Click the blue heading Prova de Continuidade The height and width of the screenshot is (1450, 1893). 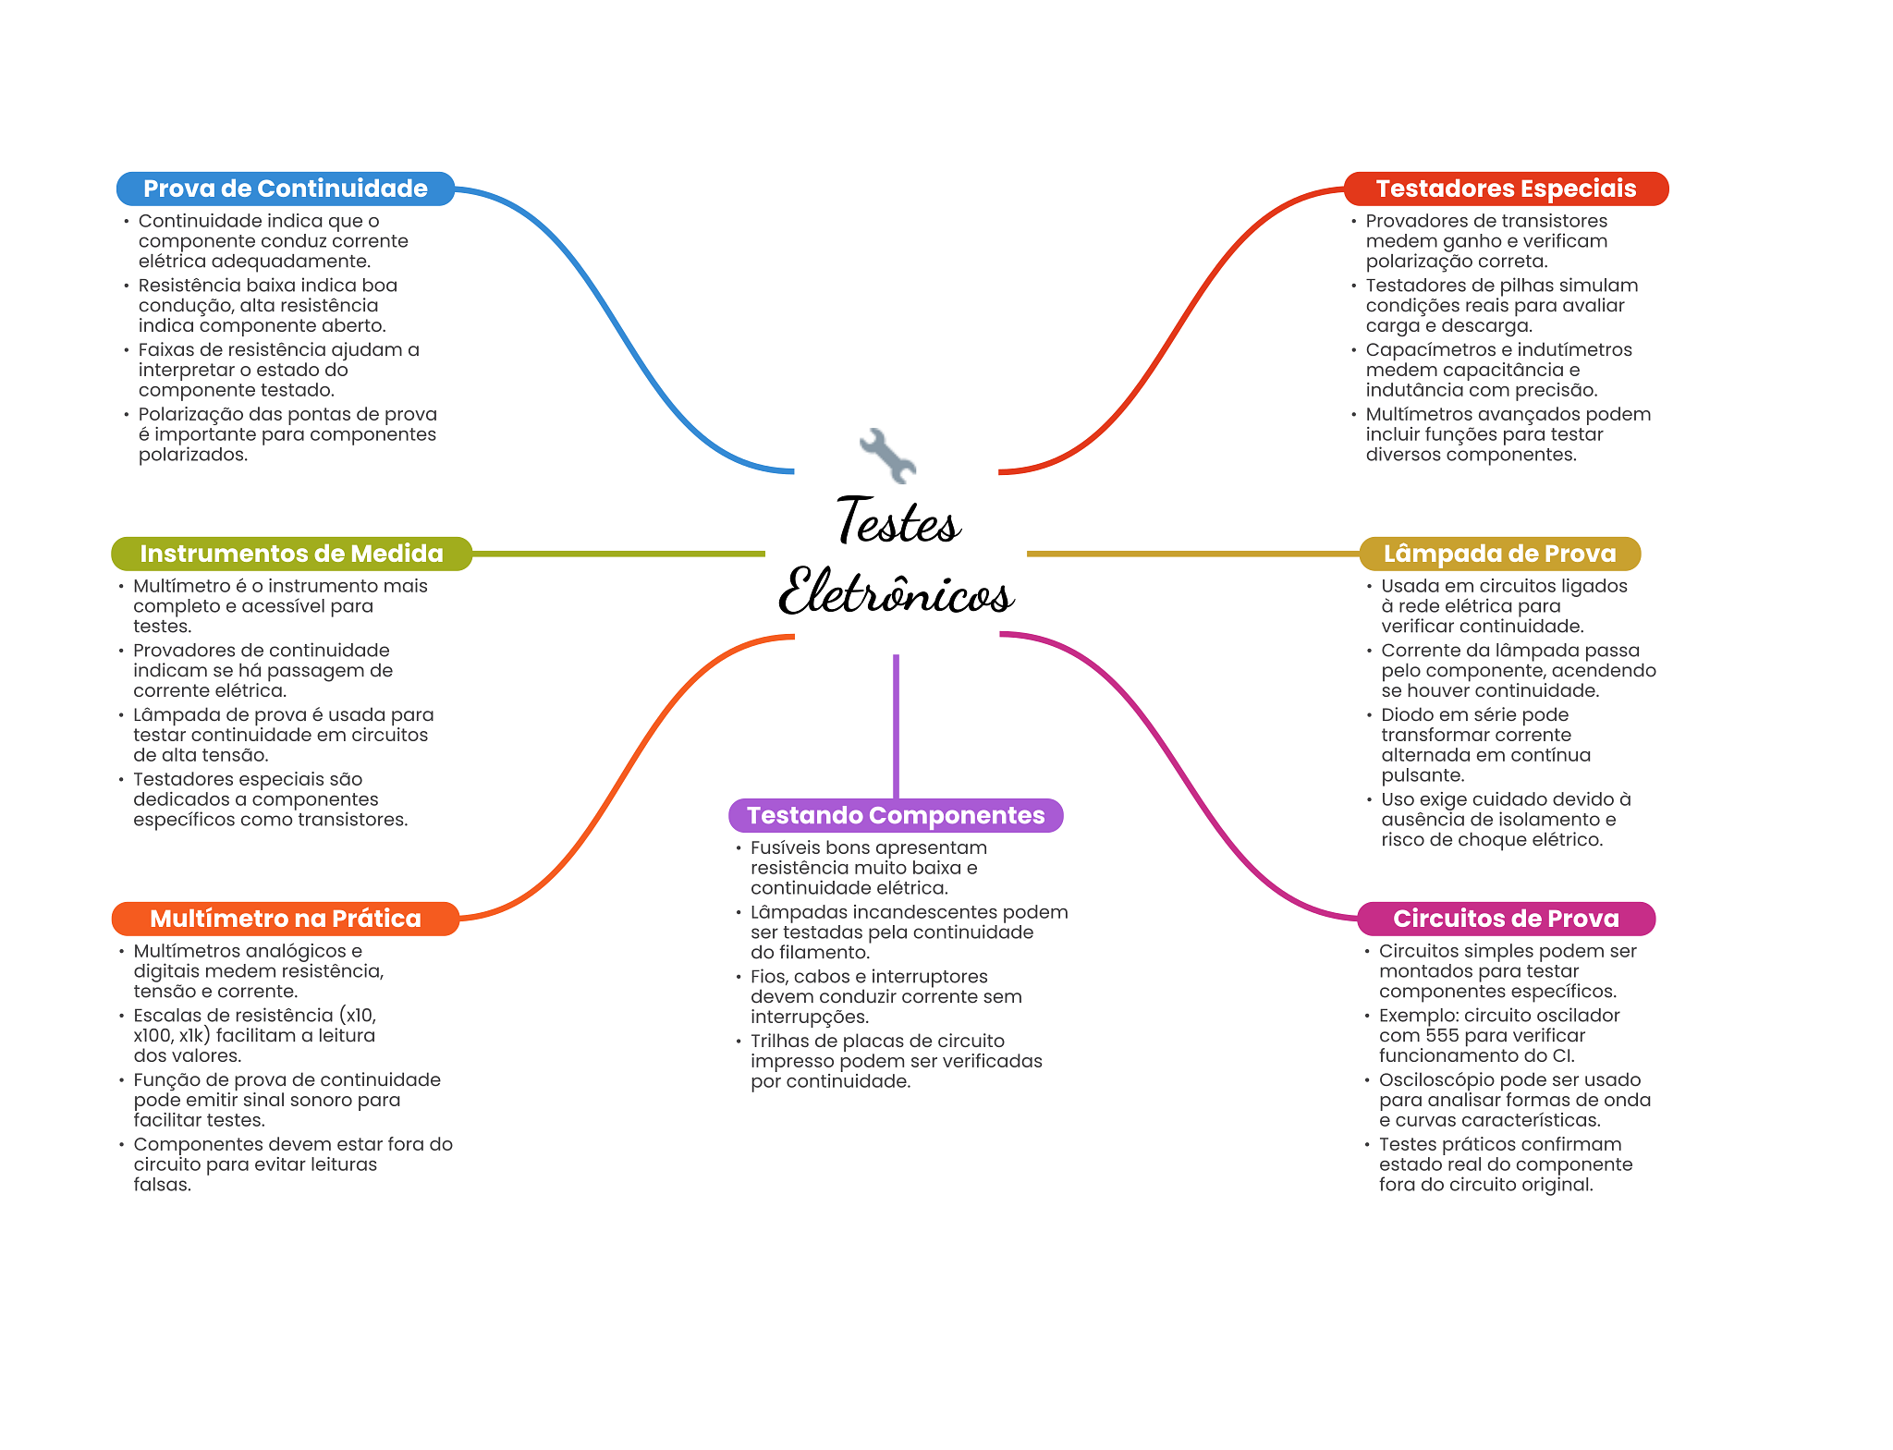[x=285, y=189]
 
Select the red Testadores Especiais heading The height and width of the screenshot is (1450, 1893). [x=1506, y=189]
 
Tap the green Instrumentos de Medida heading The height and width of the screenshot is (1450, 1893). [x=291, y=554]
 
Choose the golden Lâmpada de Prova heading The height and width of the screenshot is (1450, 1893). [x=1499, y=554]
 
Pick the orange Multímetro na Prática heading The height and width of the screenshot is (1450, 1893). [x=285, y=919]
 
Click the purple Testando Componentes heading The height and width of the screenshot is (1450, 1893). [x=896, y=815]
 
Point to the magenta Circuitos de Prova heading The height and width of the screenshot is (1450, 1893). [x=1506, y=919]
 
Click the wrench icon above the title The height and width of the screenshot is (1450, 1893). [x=887, y=455]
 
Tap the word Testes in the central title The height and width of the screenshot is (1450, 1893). [x=898, y=520]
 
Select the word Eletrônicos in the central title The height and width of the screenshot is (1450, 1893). [x=897, y=591]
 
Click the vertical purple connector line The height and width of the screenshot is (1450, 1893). [x=896, y=726]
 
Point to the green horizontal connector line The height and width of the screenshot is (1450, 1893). [x=618, y=554]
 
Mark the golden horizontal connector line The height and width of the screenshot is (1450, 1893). [x=1193, y=554]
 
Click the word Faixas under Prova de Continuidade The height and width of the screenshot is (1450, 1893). [x=166, y=349]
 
